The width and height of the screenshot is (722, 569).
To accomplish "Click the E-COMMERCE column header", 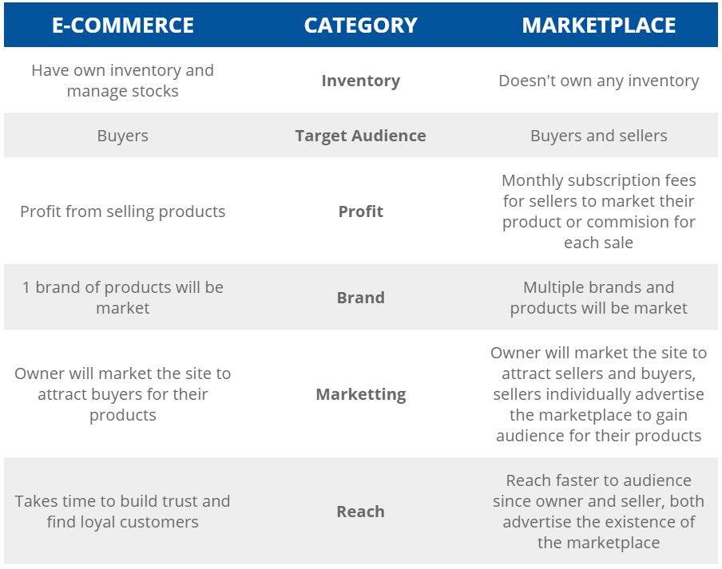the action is pos(122,25).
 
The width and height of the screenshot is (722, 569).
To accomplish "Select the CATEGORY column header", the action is pos(360,25).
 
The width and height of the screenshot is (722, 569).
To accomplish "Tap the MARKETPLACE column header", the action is pos(598,25).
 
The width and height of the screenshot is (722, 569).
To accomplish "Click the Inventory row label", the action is pos(360,81).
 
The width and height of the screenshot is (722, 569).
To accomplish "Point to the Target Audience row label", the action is pos(360,136).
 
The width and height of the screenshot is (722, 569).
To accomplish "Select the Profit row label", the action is pos(360,211).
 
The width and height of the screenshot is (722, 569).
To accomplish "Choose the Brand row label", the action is pos(360,298).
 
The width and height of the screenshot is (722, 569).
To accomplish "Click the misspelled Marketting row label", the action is pos(360,395).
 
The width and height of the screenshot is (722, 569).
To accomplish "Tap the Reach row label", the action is pos(360,512).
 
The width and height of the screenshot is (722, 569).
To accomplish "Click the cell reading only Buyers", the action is pos(122,136).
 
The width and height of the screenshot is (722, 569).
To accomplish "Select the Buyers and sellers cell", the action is pos(598,136).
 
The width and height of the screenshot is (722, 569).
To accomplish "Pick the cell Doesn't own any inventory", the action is pos(598,81).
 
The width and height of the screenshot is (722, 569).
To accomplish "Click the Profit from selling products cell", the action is pos(122,211).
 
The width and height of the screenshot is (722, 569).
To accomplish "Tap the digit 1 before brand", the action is pos(26,287).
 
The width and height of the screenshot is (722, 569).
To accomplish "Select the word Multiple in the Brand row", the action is pos(553,287).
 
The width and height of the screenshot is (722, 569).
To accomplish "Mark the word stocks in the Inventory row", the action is pos(155,91).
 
